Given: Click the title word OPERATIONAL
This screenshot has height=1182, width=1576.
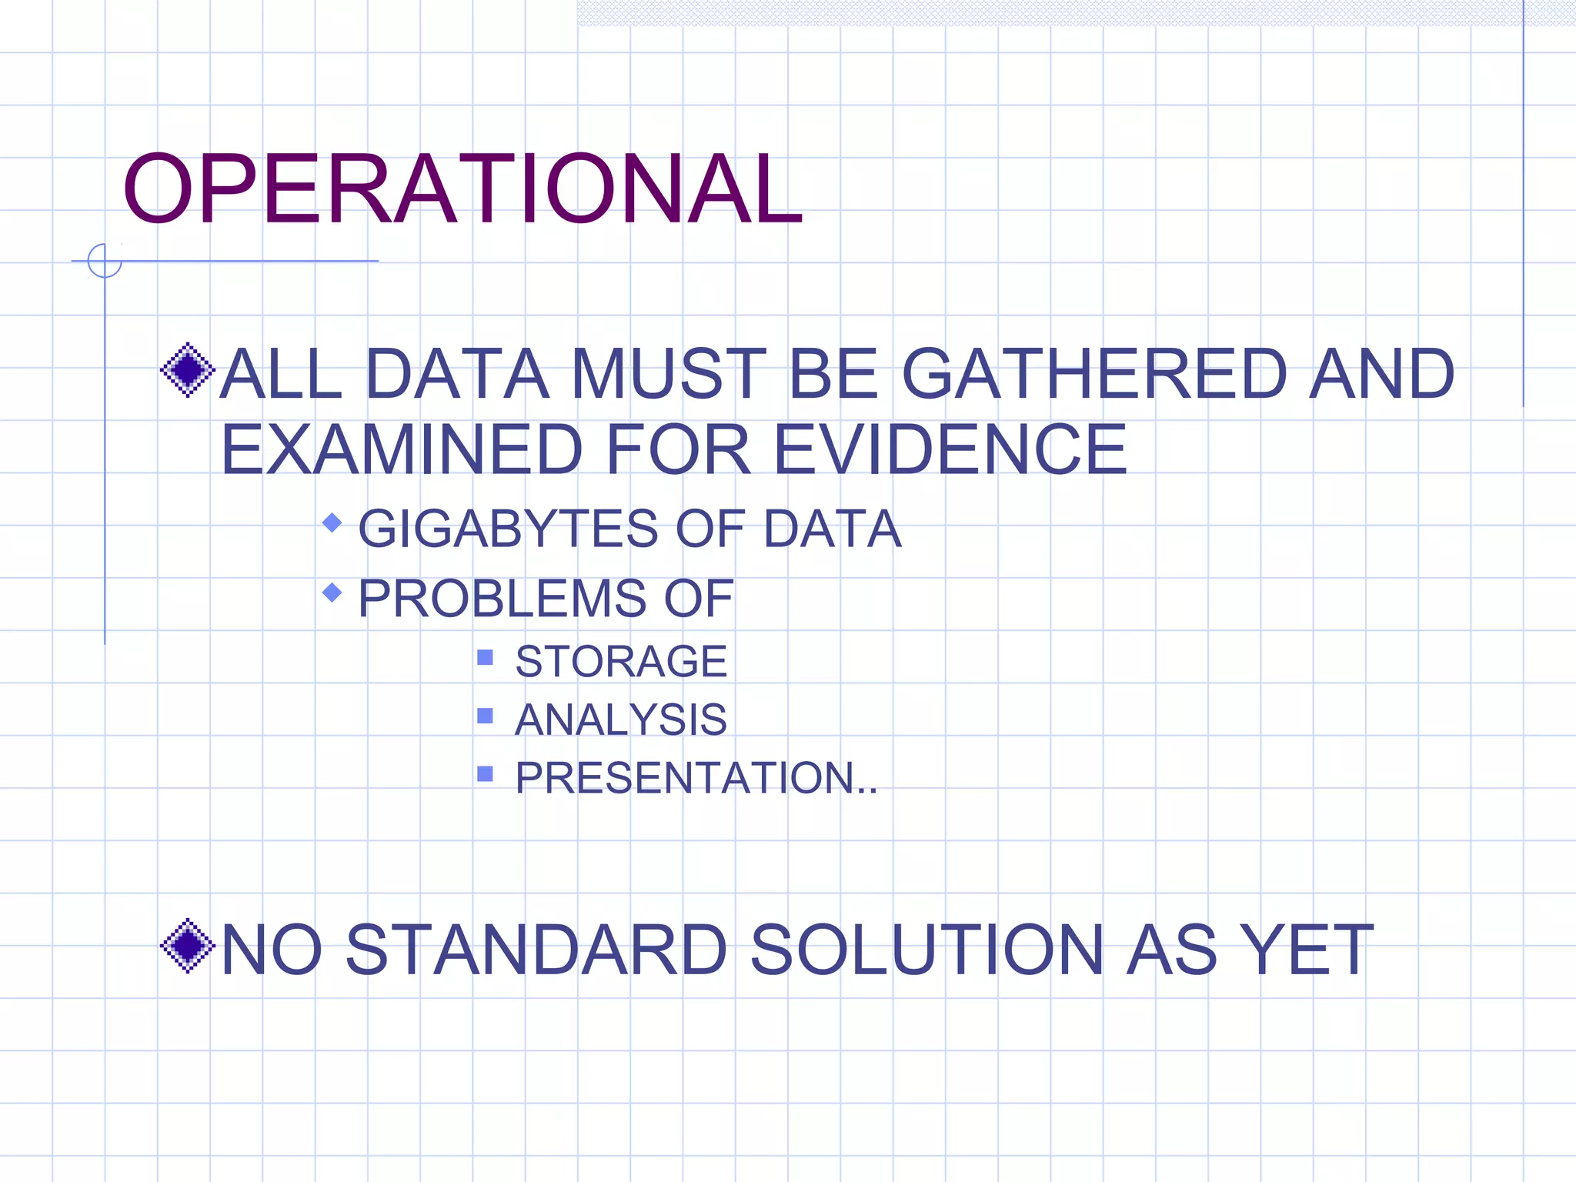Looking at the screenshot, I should (462, 189).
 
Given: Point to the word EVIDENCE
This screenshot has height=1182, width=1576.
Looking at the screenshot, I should (950, 449).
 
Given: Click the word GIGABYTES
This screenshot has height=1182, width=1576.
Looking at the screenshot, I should (508, 529).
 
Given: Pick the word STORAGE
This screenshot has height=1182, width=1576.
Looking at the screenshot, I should (621, 661).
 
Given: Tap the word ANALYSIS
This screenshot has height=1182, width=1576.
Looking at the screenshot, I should (620, 720).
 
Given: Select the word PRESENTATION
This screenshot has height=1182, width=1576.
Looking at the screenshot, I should (685, 777).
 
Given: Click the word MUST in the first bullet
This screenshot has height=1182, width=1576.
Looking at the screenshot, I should (668, 374).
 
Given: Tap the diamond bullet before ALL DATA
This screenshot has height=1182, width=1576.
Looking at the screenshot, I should (187, 370).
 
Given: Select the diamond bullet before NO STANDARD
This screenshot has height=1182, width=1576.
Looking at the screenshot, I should (187, 946).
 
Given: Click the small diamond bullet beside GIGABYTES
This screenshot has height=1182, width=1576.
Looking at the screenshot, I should (332, 523).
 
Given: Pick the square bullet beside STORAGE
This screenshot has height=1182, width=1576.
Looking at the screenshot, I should (485, 657).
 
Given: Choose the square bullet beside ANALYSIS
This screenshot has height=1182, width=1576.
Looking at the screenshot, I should (485, 716).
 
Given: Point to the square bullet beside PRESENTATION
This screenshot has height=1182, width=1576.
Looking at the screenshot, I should (485, 773).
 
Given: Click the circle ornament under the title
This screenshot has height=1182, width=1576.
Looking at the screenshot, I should (105, 260).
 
